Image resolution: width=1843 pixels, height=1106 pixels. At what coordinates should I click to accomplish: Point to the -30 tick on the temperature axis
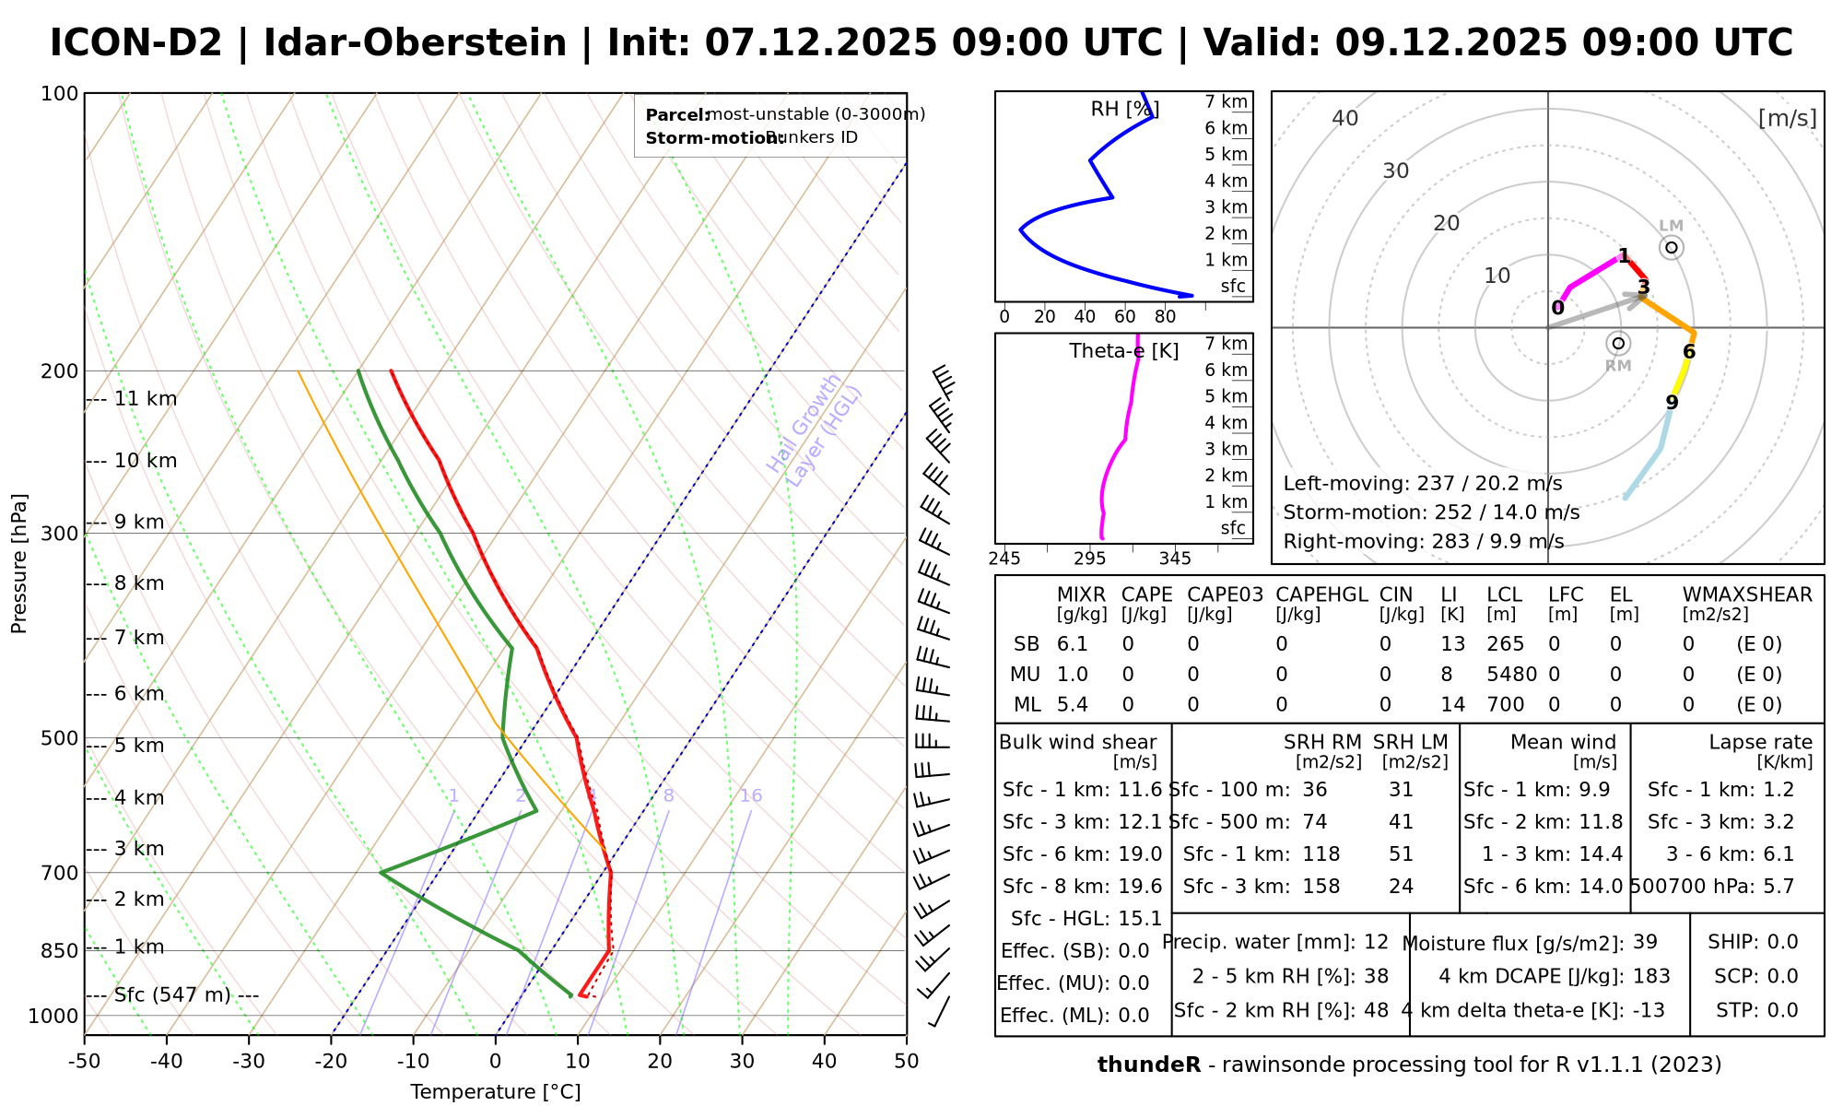(249, 1062)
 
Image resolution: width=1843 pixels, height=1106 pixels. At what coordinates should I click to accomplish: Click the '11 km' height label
(146, 399)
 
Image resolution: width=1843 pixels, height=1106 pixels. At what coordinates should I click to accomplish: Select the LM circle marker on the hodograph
(1672, 247)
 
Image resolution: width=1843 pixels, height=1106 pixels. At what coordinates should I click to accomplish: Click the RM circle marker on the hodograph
(1618, 344)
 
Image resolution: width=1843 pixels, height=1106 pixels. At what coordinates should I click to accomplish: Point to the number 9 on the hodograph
(1672, 403)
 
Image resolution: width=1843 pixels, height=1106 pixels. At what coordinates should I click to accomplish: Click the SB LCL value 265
(1506, 645)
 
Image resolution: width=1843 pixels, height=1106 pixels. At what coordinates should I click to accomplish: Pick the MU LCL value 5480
(1511, 675)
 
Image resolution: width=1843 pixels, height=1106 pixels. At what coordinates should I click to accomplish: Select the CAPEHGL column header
(1321, 595)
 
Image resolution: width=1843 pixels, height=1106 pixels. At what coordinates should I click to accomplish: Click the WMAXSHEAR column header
(1747, 595)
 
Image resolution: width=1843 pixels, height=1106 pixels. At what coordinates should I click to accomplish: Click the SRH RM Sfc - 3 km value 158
(1321, 887)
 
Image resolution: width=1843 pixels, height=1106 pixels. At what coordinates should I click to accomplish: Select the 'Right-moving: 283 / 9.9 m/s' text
(1423, 542)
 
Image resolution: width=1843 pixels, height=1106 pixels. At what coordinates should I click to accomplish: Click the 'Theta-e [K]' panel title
(1124, 351)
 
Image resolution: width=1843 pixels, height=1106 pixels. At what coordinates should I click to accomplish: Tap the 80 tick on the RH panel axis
(1166, 317)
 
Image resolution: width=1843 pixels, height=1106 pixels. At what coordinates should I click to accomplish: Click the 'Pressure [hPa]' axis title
(19, 563)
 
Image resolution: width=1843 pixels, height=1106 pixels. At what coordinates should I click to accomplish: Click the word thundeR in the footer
(1149, 1065)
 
